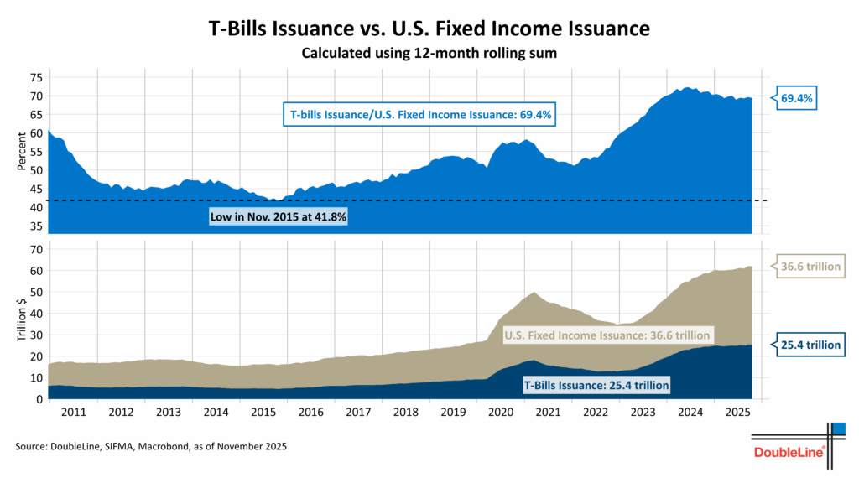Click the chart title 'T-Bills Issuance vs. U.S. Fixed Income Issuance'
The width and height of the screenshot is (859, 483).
coord(429,29)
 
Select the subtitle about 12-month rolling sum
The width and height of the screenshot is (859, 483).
coord(429,53)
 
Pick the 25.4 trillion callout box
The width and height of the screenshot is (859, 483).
coord(807,345)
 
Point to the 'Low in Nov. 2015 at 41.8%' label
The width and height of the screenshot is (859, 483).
coord(278,217)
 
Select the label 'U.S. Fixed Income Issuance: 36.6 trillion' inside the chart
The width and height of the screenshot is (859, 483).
coord(607,335)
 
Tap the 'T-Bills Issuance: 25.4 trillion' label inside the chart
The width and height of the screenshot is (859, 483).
coord(596,386)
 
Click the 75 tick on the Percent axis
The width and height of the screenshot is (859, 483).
coord(35,77)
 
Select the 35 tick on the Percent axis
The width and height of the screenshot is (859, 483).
coord(35,226)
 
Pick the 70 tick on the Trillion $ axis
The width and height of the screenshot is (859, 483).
coord(35,250)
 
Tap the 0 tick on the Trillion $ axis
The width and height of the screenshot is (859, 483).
coord(39,399)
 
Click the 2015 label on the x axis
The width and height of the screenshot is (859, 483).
coord(264,413)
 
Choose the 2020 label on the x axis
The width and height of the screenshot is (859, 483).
coord(501,413)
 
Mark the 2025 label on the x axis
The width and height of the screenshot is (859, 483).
coord(738,413)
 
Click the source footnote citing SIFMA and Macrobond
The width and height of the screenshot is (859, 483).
coord(151,448)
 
